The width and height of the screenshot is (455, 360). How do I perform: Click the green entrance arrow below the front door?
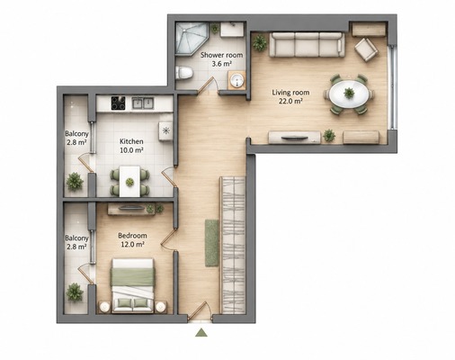point(201,332)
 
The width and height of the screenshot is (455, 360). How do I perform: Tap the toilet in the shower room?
point(183,73)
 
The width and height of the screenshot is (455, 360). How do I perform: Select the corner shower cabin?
point(192,39)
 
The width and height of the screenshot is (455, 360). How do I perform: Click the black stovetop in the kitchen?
point(118,103)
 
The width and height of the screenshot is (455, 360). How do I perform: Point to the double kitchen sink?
point(143,103)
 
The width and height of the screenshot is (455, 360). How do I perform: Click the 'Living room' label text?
point(290,93)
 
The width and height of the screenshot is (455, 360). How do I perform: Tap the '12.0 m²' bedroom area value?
point(132,245)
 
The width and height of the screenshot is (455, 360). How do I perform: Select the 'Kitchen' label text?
point(131,141)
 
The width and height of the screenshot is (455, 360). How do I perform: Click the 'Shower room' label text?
point(221,55)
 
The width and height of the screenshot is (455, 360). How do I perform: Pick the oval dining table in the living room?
point(349,94)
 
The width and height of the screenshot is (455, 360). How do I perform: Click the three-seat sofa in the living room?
point(307,45)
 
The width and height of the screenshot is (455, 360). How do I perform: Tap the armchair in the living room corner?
point(366,49)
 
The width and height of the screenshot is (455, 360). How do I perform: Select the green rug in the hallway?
point(212,243)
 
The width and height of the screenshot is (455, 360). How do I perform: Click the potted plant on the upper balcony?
point(75,182)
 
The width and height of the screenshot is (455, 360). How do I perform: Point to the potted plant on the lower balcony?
point(75,292)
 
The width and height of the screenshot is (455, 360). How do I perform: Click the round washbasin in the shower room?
point(236,80)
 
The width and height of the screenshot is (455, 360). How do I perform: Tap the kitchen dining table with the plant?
point(129,182)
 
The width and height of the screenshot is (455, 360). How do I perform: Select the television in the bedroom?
point(130,208)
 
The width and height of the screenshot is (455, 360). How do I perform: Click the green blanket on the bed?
point(132,277)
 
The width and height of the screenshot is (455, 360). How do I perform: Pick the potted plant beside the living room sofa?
point(260,43)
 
